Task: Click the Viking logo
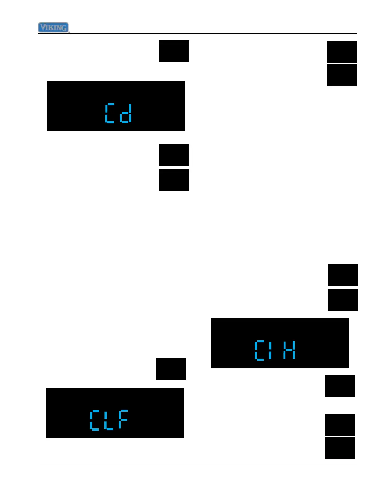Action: click(x=53, y=28)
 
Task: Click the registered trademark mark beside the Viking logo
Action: click(x=69, y=32)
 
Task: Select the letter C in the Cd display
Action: click(x=109, y=113)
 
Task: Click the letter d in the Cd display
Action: click(x=126, y=113)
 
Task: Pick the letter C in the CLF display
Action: click(x=94, y=420)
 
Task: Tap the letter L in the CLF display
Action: click(x=108, y=420)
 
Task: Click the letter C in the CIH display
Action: click(x=259, y=350)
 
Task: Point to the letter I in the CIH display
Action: click(x=270, y=350)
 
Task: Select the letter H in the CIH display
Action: click(x=289, y=350)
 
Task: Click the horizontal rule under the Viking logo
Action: click(x=197, y=34)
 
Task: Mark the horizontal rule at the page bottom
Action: click(x=197, y=462)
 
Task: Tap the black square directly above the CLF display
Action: click(x=171, y=369)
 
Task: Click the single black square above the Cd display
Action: click(x=173, y=51)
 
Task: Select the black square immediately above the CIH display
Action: click(x=342, y=300)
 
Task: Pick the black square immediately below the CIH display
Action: click(x=340, y=386)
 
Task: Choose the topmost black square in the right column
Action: click(x=342, y=52)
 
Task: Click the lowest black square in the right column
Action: click(x=340, y=448)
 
